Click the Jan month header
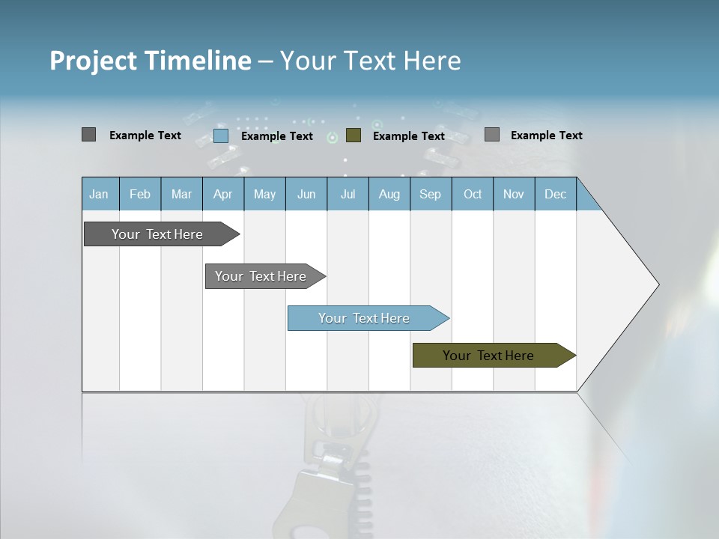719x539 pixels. click(100, 194)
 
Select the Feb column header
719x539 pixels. click(140, 194)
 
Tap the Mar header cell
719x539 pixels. click(181, 194)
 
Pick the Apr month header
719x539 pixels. click(223, 194)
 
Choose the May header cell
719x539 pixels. click(264, 194)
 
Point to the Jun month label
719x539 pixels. click(306, 194)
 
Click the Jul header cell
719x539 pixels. click(348, 194)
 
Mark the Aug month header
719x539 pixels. click(389, 194)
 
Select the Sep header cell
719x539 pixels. click(431, 194)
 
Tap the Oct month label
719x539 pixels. click(473, 194)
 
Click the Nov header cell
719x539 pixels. click(514, 194)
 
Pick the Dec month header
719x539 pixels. click(556, 194)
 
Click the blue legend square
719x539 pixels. click(221, 135)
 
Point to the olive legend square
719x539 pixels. click(354, 135)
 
